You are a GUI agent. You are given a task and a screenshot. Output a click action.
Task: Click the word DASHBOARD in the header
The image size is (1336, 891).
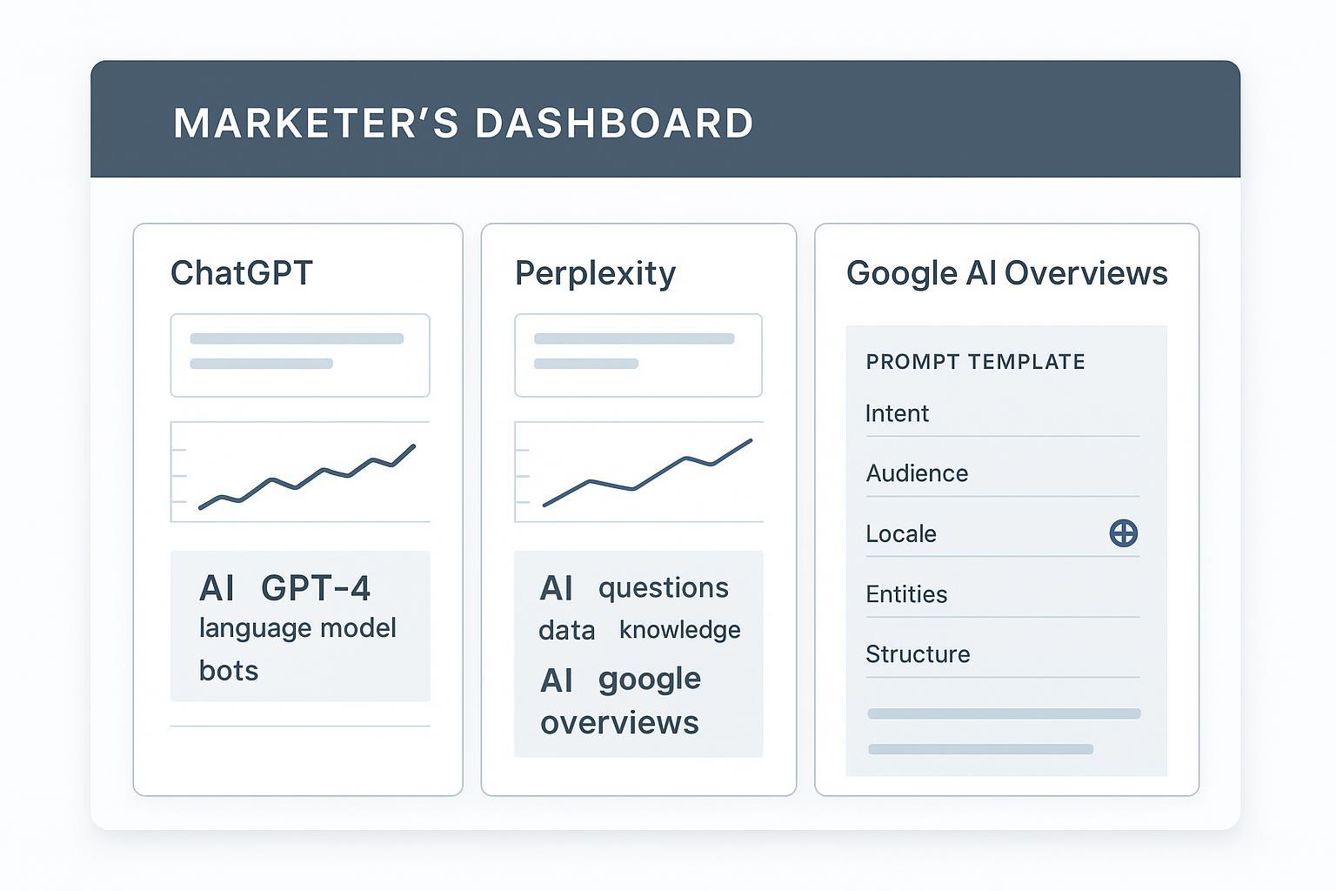tap(614, 124)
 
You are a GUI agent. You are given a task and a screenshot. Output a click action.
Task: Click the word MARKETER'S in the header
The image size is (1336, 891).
tap(316, 124)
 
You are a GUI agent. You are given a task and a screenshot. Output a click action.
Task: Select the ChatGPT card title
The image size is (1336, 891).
tap(242, 273)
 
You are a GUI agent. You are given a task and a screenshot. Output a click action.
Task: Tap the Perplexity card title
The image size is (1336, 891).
tap(595, 273)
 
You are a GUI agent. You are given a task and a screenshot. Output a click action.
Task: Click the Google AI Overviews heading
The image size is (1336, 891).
tap(1006, 273)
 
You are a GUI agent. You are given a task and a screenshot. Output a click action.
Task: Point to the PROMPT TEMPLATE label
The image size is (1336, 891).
tap(975, 362)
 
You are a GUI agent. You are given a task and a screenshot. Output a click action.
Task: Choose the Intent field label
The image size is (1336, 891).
tap(897, 413)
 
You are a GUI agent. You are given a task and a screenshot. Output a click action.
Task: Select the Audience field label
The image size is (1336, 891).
tap(917, 473)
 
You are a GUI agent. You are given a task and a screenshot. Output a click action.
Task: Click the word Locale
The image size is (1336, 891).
tap(901, 533)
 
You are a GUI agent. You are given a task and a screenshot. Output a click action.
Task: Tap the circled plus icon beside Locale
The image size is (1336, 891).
tap(1124, 533)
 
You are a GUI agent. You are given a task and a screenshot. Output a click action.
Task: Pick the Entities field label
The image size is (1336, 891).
tap(906, 594)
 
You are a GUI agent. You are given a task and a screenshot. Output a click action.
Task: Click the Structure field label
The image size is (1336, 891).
tap(918, 654)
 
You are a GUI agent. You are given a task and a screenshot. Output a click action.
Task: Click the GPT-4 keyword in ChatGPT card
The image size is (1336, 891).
tap(316, 589)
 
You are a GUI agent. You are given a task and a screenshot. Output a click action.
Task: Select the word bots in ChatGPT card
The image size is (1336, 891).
tap(229, 671)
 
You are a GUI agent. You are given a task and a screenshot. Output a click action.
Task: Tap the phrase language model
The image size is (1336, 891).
tap(297, 628)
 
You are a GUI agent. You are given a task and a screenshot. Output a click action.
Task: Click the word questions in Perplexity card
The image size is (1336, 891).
tap(664, 588)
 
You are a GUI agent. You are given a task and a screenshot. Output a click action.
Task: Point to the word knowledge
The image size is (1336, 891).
tap(680, 630)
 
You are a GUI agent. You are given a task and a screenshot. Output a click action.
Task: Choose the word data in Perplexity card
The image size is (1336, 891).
tap(567, 631)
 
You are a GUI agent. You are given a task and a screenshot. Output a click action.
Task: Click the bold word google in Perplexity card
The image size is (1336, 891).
tap(650, 680)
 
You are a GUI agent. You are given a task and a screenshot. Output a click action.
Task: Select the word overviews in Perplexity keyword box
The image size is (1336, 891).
tap(619, 723)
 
